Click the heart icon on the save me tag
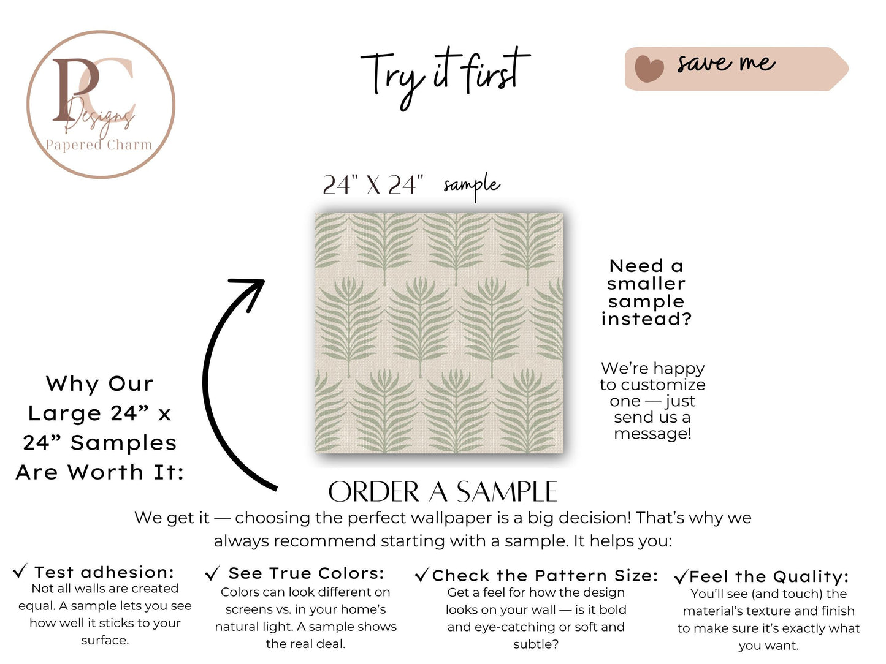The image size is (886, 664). [649, 68]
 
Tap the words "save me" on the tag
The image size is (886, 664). [726, 63]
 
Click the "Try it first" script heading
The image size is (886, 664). [445, 75]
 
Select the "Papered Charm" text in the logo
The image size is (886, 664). [99, 145]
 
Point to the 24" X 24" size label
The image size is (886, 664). [373, 184]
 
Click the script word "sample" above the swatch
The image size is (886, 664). [472, 185]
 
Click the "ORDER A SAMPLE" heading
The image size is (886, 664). [443, 492]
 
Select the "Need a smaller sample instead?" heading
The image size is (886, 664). [646, 292]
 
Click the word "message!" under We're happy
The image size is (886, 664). [652, 434]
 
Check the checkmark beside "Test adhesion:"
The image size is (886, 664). [20, 572]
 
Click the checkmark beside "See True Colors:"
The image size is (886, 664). [212, 574]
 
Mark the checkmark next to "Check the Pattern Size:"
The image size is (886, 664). [422, 575]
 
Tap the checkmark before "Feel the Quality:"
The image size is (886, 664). [681, 577]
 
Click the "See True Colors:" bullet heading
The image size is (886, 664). [306, 573]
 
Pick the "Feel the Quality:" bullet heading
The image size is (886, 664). [769, 576]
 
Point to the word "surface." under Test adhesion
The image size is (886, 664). [105, 640]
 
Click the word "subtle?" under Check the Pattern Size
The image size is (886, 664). [536, 644]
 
